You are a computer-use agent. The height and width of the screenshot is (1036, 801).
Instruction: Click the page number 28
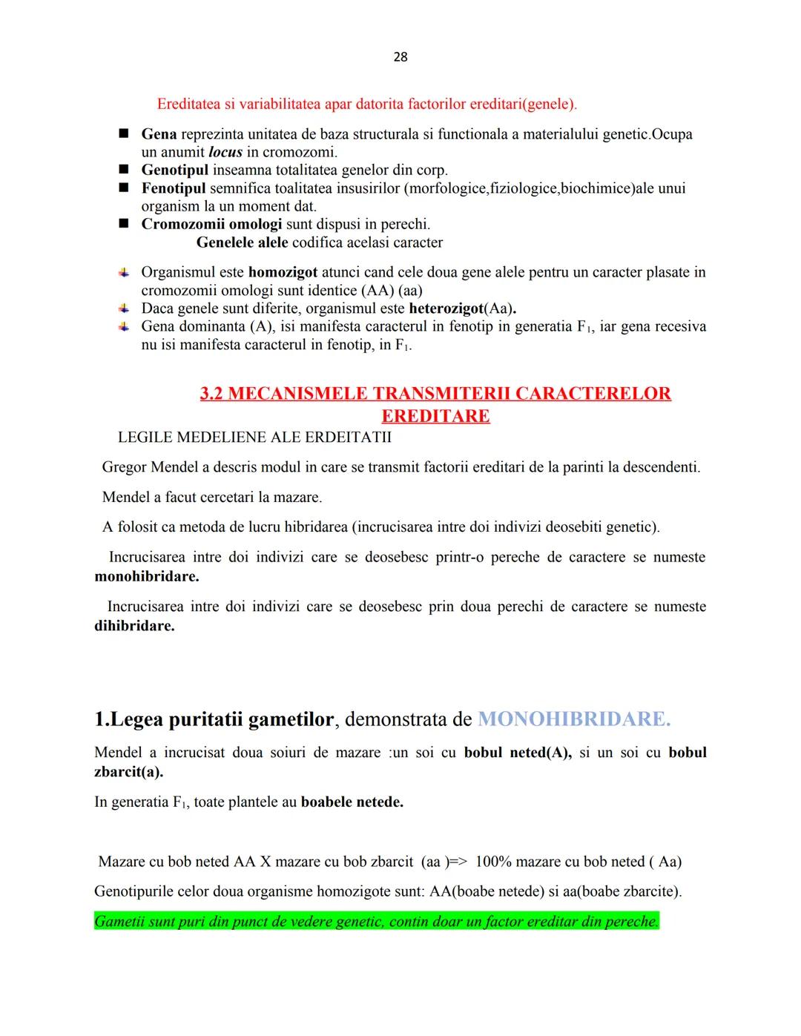(x=400, y=57)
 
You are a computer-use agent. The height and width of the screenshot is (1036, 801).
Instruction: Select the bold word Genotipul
(x=174, y=170)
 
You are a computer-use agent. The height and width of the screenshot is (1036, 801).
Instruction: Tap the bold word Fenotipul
(x=174, y=188)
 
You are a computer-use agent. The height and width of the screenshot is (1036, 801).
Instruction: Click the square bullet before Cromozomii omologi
(x=124, y=224)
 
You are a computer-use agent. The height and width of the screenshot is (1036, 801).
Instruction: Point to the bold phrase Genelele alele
(x=242, y=242)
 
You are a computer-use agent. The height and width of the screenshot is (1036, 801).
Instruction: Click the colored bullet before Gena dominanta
(x=124, y=326)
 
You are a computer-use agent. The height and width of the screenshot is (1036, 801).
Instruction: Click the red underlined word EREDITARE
(x=435, y=416)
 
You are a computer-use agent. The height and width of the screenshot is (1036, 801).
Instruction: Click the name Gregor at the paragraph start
(x=124, y=467)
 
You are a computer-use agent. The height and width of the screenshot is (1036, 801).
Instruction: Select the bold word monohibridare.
(x=146, y=576)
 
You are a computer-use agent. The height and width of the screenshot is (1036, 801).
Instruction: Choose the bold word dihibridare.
(x=134, y=625)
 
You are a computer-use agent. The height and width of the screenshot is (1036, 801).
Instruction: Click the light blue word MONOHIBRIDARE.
(x=573, y=719)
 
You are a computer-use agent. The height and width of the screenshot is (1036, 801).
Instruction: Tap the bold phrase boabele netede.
(x=352, y=802)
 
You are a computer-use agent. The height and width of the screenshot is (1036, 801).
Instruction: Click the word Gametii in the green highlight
(x=119, y=922)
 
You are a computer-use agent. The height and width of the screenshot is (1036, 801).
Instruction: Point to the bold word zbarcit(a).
(x=128, y=771)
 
